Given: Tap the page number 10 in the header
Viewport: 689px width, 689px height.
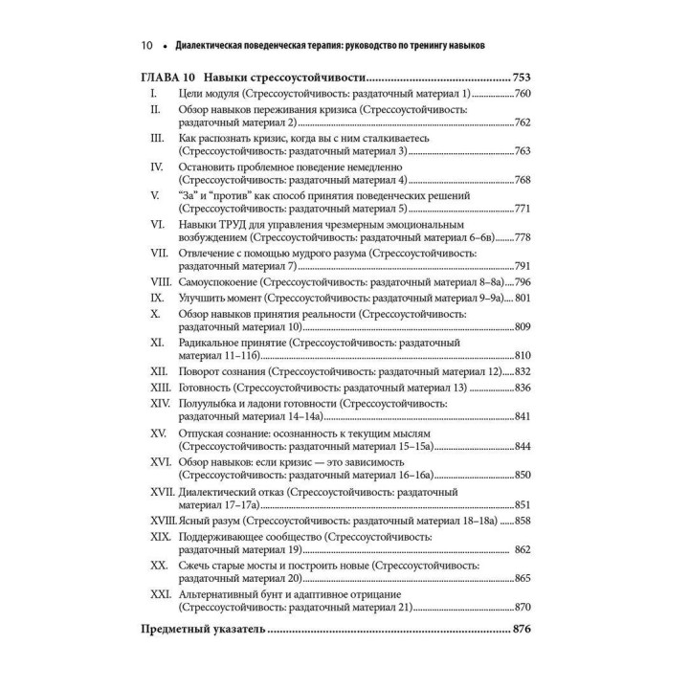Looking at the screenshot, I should [147, 45].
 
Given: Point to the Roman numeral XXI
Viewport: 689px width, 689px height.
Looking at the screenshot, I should [159, 594].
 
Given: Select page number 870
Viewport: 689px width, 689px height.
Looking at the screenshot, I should [523, 608].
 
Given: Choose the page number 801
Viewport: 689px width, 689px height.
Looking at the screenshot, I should [523, 298].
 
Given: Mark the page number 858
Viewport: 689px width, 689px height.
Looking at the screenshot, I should [523, 521].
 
